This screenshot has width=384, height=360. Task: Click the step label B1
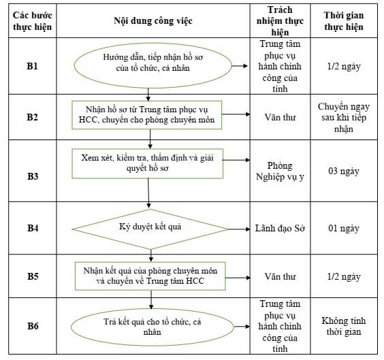click(32, 66)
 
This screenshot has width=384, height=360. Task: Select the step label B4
click(33, 228)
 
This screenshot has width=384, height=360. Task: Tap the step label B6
click(33, 326)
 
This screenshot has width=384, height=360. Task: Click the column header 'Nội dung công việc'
click(153, 21)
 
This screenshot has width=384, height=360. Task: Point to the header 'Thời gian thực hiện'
click(344, 21)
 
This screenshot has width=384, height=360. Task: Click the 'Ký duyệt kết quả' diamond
click(150, 229)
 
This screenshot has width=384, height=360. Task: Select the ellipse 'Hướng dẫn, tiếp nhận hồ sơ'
click(153, 65)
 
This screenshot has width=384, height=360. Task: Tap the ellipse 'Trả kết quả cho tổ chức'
click(153, 327)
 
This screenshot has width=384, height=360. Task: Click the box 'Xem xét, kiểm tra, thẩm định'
click(148, 163)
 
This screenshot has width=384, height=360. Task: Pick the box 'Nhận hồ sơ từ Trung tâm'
click(146, 115)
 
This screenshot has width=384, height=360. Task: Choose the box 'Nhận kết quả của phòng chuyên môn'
click(150, 276)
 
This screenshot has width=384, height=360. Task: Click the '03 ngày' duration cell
click(344, 171)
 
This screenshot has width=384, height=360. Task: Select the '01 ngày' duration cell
click(344, 229)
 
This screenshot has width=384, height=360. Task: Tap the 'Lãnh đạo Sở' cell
click(280, 229)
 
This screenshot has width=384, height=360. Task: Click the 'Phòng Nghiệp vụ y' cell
click(280, 171)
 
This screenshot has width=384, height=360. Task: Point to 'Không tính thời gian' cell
click(344, 326)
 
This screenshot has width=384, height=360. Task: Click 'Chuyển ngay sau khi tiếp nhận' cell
click(344, 118)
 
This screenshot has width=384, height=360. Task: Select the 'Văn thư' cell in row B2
click(280, 118)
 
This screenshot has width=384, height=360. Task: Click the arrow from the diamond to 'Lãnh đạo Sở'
click(239, 229)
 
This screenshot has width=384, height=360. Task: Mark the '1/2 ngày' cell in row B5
click(344, 276)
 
